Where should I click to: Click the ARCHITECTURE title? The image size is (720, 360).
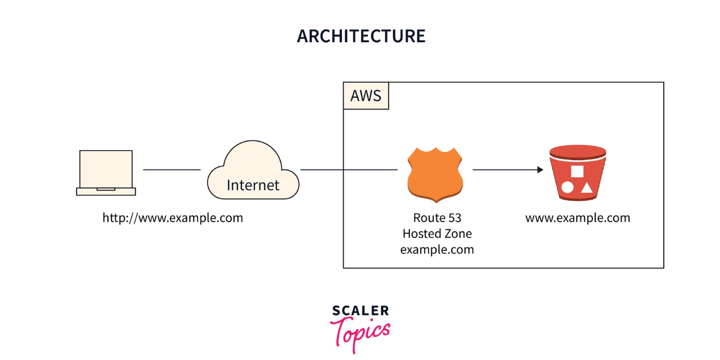click(361, 36)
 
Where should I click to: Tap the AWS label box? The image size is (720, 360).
click(366, 96)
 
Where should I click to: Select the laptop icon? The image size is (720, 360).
click(106, 172)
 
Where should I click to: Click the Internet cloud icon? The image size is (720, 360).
click(253, 172)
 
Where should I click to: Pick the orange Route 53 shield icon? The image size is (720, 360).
click(435, 174)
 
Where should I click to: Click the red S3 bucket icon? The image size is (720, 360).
click(578, 173)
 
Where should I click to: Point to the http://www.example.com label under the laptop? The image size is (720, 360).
click(173, 218)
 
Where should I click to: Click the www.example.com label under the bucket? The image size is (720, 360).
click(578, 218)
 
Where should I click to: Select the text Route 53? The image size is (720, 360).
click(437, 218)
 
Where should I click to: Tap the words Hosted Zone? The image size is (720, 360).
click(437, 233)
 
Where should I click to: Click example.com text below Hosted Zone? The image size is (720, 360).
click(437, 249)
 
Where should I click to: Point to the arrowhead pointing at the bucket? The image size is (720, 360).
click(540, 169)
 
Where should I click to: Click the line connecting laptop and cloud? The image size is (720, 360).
click(172, 169)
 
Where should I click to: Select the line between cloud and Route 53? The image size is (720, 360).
click(349, 169)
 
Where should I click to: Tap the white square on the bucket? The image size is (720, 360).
click(577, 172)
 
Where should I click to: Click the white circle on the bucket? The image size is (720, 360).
click(568, 187)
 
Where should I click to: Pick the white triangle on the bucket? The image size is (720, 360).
click(587, 187)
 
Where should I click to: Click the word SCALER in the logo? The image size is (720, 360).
click(360, 311)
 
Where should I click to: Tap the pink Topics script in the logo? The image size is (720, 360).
click(360, 332)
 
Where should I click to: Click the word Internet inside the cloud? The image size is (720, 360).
click(253, 184)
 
